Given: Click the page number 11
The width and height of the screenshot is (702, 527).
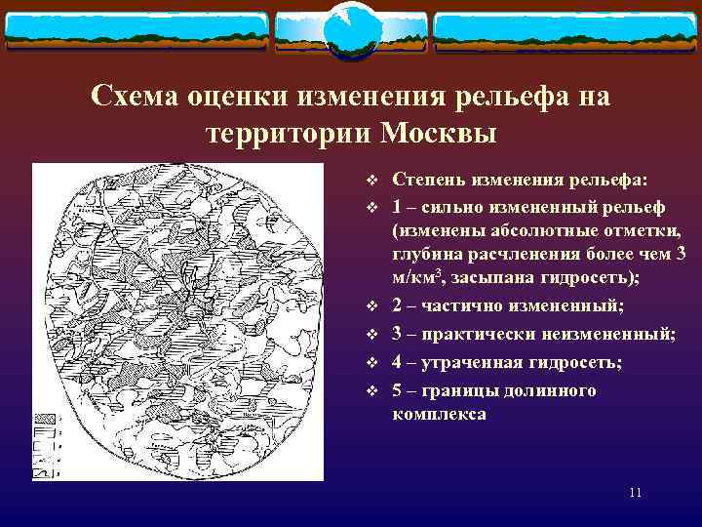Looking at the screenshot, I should [x=635, y=493].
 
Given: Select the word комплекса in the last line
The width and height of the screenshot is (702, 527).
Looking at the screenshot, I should [x=439, y=414].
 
